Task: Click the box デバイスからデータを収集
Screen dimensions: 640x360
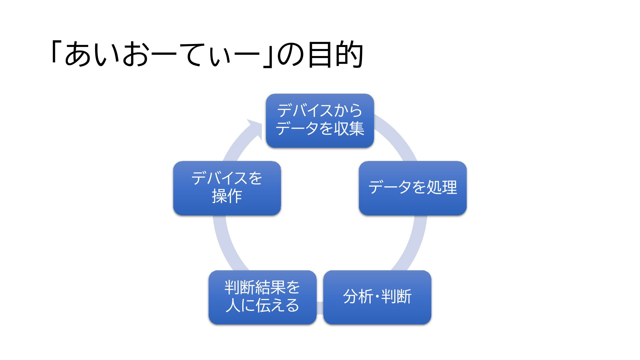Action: click(320, 121)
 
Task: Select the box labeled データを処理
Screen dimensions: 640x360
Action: click(413, 188)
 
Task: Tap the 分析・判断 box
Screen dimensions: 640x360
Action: click(377, 297)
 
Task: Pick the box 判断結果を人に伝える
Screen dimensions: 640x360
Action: click(262, 297)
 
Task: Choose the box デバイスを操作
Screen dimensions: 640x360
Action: click(227, 188)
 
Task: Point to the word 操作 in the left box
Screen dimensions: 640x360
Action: click(227, 196)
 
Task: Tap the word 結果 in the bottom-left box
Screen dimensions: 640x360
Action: click(270, 287)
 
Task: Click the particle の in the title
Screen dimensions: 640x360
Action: click(290, 55)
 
